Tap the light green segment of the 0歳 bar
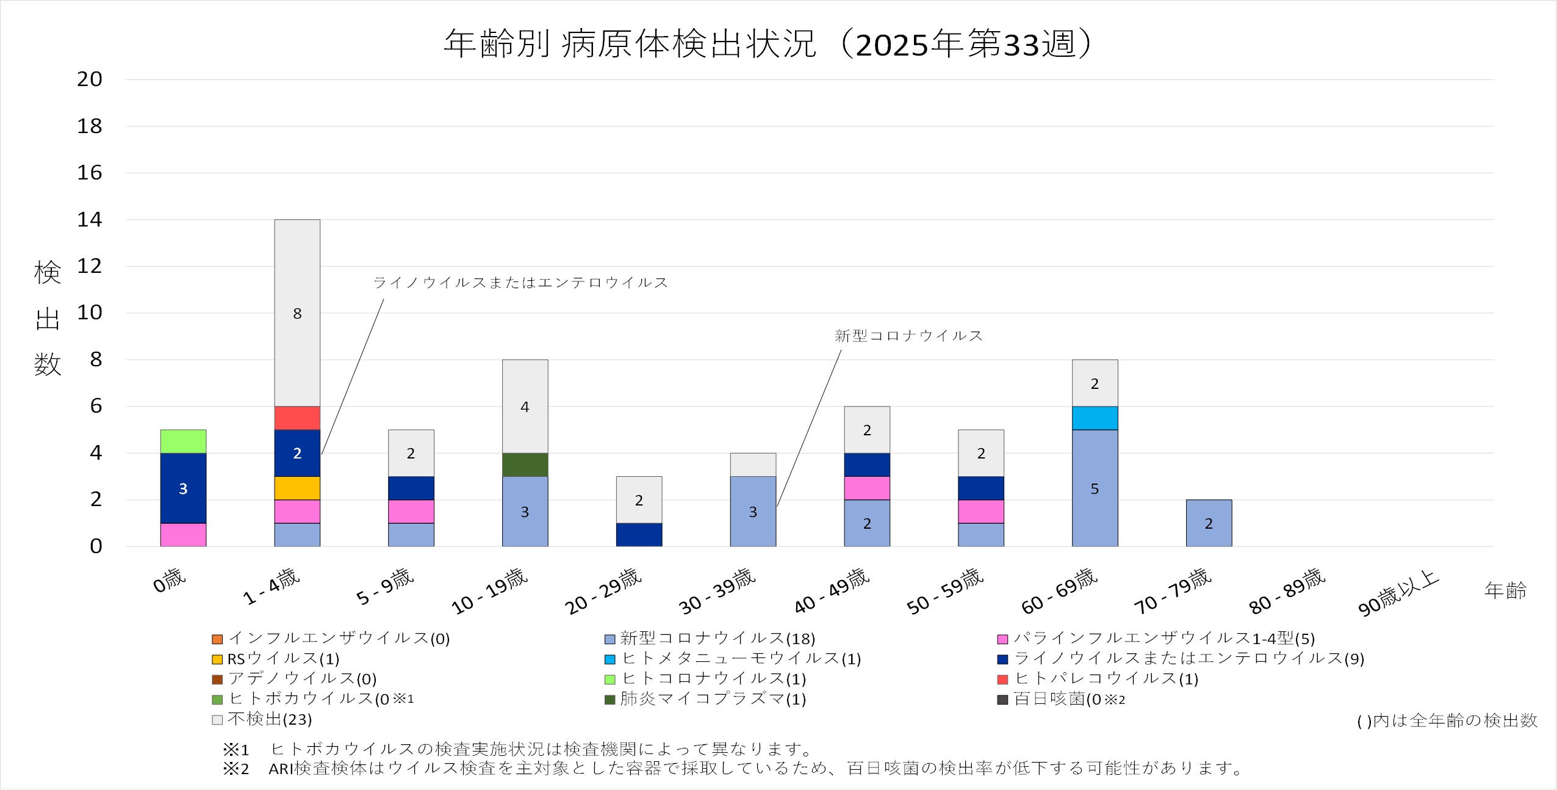pos(183,441)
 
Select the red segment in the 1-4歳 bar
pos(297,418)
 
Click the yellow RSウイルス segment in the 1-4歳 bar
pos(297,488)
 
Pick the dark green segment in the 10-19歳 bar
pos(525,465)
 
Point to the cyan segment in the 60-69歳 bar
pos(1095,418)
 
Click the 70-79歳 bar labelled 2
pos(1209,523)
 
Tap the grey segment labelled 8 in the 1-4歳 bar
pos(297,313)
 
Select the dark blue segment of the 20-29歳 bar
pos(639,535)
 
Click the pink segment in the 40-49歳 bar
pos(867,488)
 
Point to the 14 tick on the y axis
pos(89,220)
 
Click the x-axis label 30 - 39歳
pos(717,591)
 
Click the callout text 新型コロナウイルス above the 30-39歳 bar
pos(908,336)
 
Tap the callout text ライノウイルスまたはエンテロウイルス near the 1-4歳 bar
pos(520,283)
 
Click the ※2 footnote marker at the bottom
pos(236,769)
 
